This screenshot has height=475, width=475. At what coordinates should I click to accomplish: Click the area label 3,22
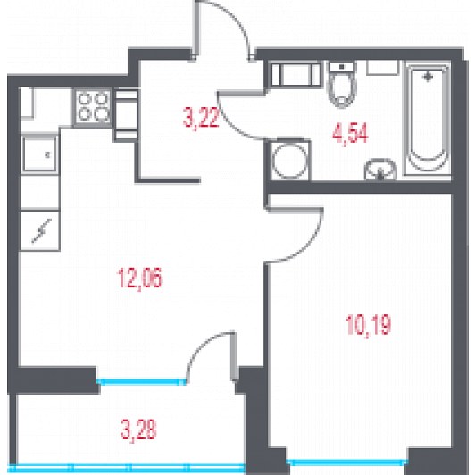click(201, 119)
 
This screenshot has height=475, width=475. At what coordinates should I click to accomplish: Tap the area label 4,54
click(350, 134)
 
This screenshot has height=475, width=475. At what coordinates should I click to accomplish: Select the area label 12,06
click(140, 278)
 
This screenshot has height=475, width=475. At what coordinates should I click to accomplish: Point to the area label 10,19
click(368, 325)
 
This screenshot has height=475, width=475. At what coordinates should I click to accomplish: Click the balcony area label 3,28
click(138, 429)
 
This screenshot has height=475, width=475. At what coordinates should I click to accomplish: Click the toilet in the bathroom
click(342, 84)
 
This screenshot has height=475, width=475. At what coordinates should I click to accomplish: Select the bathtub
click(428, 118)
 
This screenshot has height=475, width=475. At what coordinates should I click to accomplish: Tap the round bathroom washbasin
click(380, 170)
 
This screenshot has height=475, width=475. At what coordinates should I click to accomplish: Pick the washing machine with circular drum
click(288, 160)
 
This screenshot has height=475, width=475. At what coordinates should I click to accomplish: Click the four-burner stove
click(93, 106)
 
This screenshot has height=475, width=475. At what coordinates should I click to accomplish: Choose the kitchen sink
click(39, 154)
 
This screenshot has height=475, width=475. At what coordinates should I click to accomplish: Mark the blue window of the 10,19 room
click(347, 462)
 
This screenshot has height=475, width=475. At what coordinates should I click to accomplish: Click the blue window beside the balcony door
click(141, 382)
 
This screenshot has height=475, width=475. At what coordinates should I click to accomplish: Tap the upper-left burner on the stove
click(84, 99)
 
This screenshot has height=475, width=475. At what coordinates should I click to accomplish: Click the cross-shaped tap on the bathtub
click(428, 78)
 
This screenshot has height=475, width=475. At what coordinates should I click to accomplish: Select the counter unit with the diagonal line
click(39, 231)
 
